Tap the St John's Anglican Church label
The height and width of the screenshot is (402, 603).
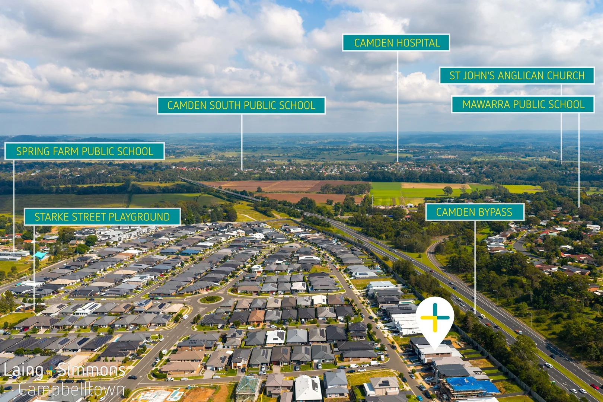(x=517, y=76)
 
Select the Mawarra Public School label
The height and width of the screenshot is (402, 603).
(x=523, y=104)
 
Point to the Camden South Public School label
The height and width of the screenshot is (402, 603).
(x=241, y=105)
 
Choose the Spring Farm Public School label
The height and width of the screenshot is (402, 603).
(x=84, y=151)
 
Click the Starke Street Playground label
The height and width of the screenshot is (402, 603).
(x=102, y=217)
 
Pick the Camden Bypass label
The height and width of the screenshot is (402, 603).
(x=475, y=212)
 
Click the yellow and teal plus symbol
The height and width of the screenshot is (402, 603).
(x=435, y=318)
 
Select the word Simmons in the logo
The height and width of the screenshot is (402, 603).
(x=91, y=370)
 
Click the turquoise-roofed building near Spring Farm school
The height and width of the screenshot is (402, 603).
(x=40, y=255)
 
